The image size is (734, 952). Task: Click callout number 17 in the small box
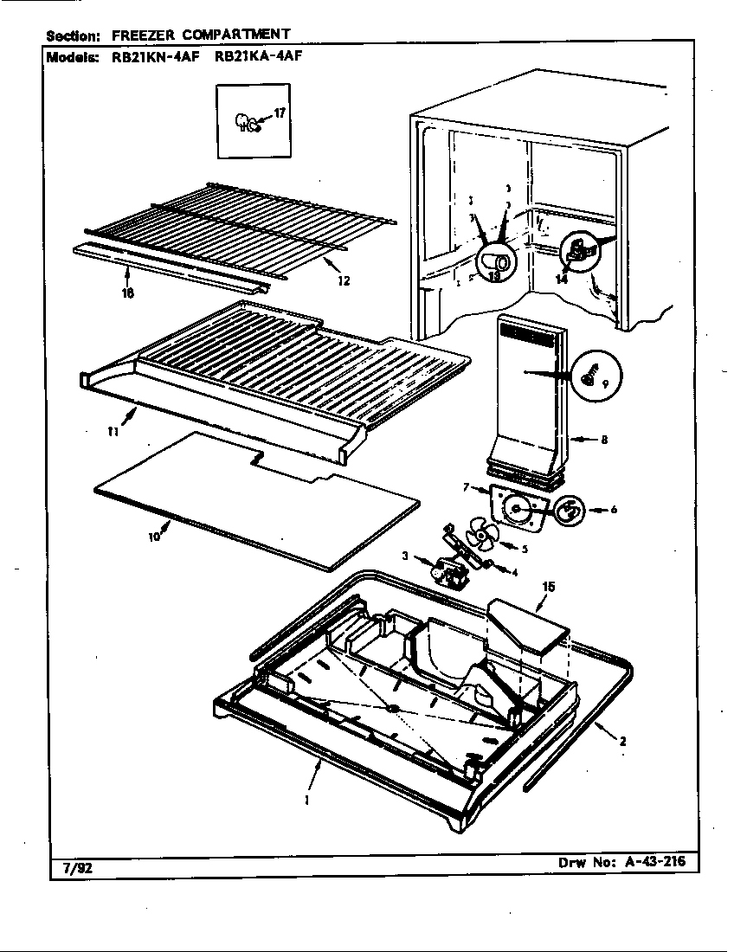279,113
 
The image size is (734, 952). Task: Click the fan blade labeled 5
479,534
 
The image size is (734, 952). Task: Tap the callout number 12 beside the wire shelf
344,280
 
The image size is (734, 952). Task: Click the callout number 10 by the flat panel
153,537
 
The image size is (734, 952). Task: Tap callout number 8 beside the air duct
603,440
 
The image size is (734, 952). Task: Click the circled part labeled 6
569,511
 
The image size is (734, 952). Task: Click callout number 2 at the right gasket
621,740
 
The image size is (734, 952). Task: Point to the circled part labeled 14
573,253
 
